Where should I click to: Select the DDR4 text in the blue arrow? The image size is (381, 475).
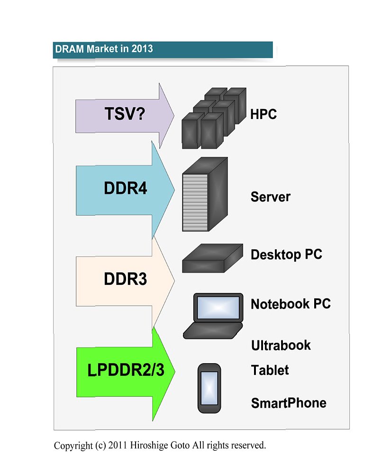[126, 189]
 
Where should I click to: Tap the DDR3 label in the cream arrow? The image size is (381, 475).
[125, 280]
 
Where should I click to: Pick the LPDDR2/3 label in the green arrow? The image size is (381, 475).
[126, 370]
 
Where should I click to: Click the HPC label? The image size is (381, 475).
[263, 114]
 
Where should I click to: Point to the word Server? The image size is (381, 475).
[270, 197]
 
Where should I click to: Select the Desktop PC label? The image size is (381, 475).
[286, 254]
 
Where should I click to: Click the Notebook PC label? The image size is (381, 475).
[290, 303]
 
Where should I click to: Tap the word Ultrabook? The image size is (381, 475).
[281, 345]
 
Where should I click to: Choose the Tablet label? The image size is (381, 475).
[270, 370]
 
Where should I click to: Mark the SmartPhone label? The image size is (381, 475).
[289, 403]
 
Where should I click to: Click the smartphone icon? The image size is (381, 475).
[209, 388]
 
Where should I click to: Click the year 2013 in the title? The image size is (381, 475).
[142, 49]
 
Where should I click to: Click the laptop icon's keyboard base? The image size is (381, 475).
[213, 330]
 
